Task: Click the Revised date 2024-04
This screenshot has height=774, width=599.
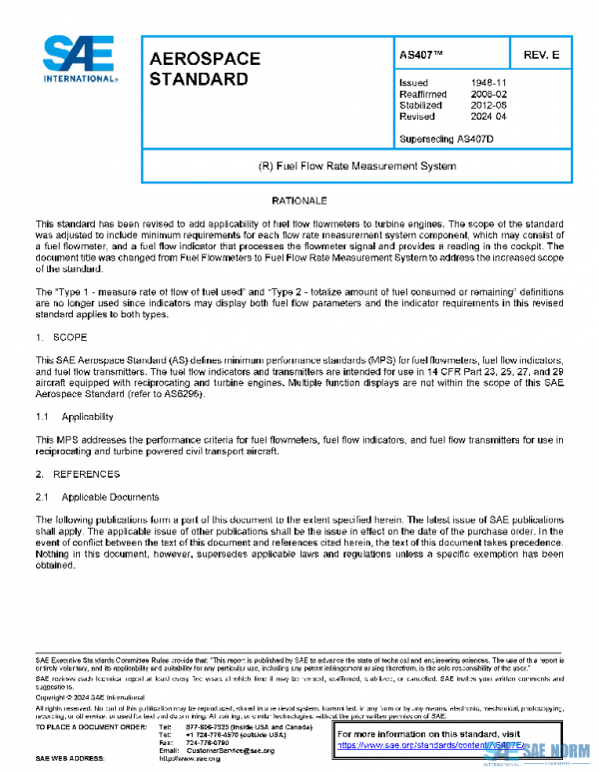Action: pyautogui.click(x=489, y=116)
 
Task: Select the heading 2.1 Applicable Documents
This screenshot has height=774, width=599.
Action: pyautogui.click(x=96, y=496)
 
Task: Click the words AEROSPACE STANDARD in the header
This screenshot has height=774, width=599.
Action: pyautogui.click(x=205, y=68)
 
